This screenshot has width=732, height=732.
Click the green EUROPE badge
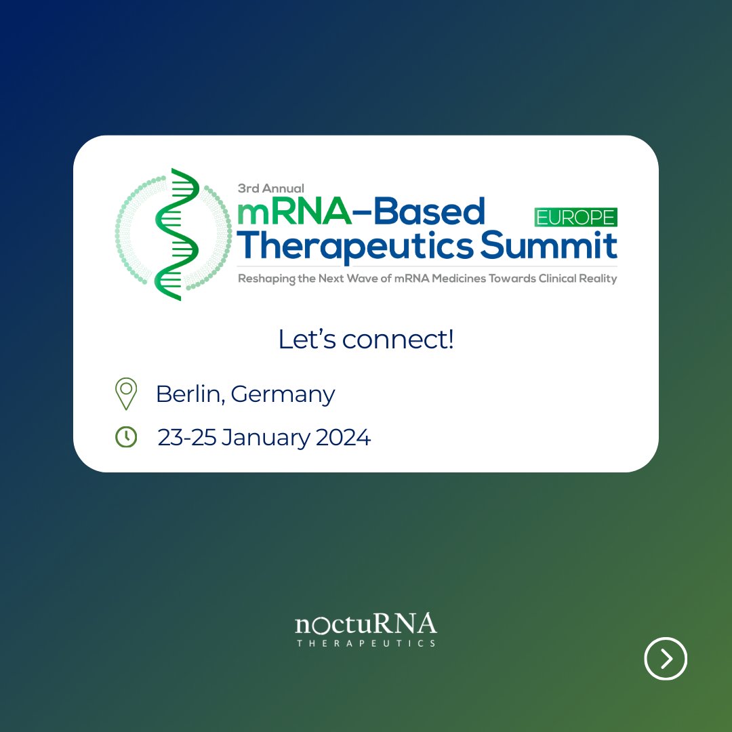[x=575, y=217]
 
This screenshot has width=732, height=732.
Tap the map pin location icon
[x=126, y=393]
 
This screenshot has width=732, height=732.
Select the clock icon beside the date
[x=126, y=437]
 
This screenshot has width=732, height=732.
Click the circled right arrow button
[x=666, y=658]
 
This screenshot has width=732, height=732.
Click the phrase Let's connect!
[x=366, y=340]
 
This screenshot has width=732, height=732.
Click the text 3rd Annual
[x=271, y=188]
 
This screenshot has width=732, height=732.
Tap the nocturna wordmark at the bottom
[x=366, y=624]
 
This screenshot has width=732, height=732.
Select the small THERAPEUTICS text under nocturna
[x=366, y=643]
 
